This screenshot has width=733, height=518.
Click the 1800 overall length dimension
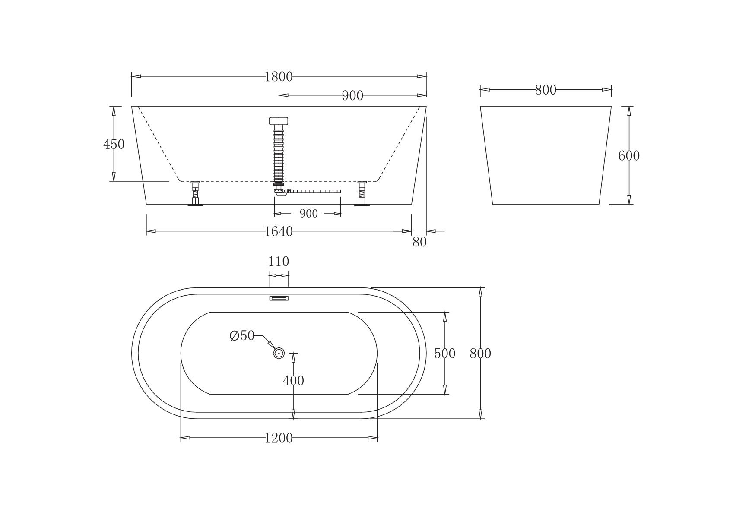(x=279, y=77)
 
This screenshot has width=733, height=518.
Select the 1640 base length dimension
(x=279, y=231)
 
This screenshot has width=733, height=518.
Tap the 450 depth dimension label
(x=114, y=144)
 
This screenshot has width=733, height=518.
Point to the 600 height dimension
(x=628, y=156)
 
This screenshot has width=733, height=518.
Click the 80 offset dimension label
(x=419, y=242)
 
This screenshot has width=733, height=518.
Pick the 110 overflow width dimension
(x=279, y=262)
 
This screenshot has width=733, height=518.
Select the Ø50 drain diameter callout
(x=242, y=335)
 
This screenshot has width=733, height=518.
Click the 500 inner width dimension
(x=445, y=353)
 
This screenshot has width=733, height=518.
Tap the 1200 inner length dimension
(x=279, y=438)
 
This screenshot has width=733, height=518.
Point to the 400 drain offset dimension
(x=294, y=381)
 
